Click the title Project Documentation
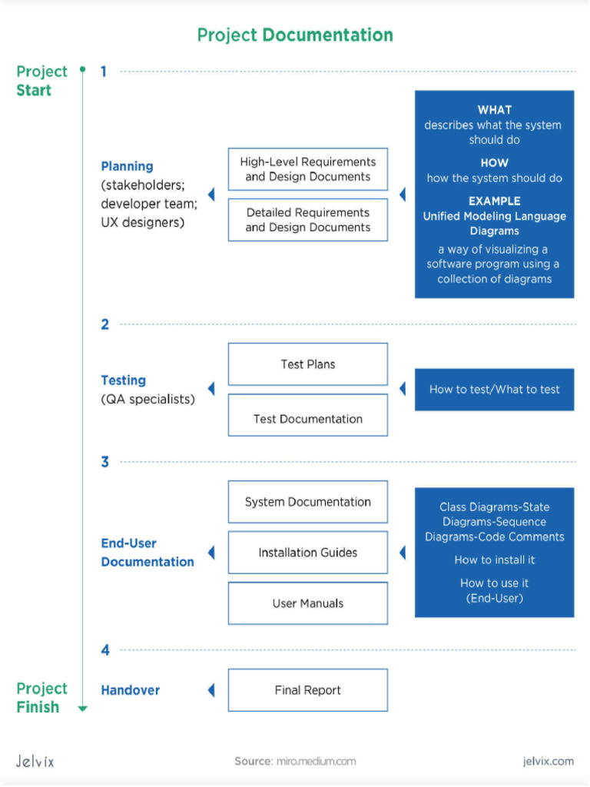click(x=295, y=35)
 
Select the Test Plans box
click(x=307, y=364)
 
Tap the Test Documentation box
click(x=307, y=419)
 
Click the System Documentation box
click(x=307, y=502)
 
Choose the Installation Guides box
click(x=307, y=553)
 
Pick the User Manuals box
click(x=307, y=603)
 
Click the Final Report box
click(x=307, y=690)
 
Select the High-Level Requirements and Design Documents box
click(x=307, y=169)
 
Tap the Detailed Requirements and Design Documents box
click(x=307, y=220)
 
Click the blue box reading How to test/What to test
click(x=494, y=390)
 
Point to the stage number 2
click(x=104, y=324)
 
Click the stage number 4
click(x=105, y=650)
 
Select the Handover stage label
click(x=131, y=690)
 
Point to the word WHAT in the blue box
click(x=494, y=110)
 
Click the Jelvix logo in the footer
click(x=35, y=761)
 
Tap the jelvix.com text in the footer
click(x=547, y=761)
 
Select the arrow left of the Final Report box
click(x=211, y=690)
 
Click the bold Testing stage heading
click(x=123, y=380)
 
